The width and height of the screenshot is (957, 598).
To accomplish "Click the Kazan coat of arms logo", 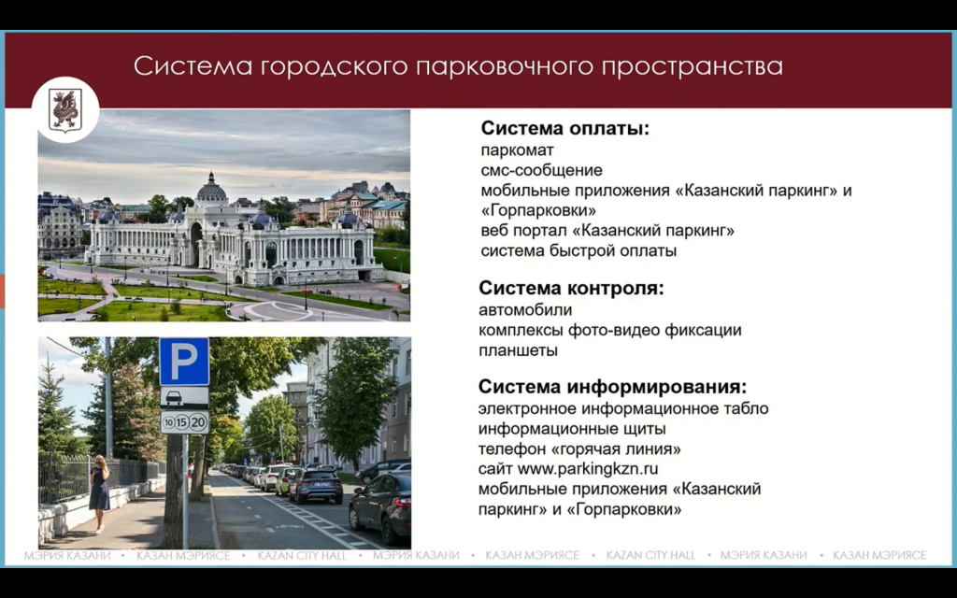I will pyautogui.click(x=65, y=109).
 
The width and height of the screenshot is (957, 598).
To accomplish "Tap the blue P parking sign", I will pyautogui.click(x=184, y=363).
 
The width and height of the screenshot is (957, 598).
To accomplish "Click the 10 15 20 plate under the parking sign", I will pyautogui.click(x=184, y=422).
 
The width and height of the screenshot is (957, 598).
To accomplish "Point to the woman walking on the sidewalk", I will pyautogui.click(x=99, y=493).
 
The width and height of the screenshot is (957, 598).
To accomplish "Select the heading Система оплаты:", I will pyautogui.click(x=564, y=129).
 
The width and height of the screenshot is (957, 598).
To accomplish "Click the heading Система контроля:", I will pyautogui.click(x=571, y=289).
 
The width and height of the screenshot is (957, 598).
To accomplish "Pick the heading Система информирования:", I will pyautogui.click(x=612, y=387).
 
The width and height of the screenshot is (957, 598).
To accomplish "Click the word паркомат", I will pyautogui.click(x=517, y=150).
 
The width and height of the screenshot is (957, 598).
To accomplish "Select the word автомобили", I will pyautogui.click(x=525, y=310).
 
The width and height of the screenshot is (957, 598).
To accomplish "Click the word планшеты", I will pyautogui.click(x=518, y=351).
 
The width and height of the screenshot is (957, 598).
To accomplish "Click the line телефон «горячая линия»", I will pyautogui.click(x=579, y=449).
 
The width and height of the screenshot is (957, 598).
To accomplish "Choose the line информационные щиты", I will pyautogui.click(x=572, y=429).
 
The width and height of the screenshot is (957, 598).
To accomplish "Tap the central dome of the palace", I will pyautogui.click(x=211, y=191).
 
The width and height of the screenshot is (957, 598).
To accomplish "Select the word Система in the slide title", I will pyautogui.click(x=193, y=66).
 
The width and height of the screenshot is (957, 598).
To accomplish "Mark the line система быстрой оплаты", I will pyautogui.click(x=578, y=250).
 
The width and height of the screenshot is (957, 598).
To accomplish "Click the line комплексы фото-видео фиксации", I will pyautogui.click(x=609, y=331).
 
